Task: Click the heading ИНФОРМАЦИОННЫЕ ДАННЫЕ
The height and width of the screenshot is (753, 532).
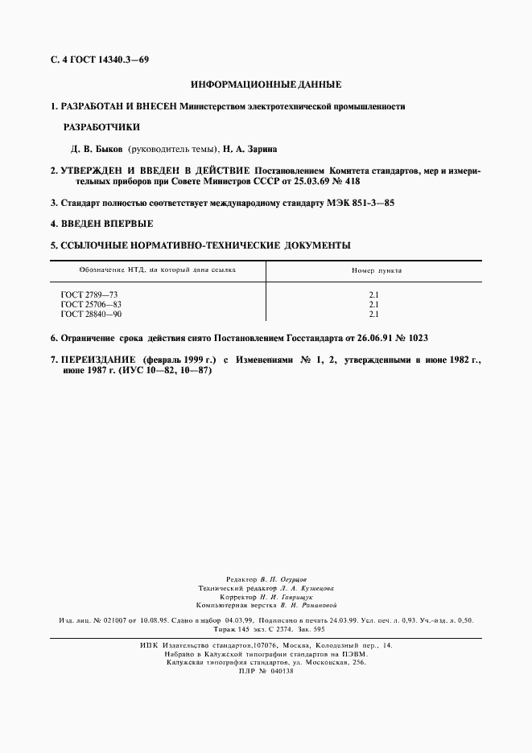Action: tap(266, 84)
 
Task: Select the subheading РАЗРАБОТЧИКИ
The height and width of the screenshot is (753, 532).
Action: tap(101, 127)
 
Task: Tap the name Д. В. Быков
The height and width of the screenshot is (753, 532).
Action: tap(97, 149)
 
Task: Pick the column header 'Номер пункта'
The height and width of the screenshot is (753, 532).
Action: tap(377, 270)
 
